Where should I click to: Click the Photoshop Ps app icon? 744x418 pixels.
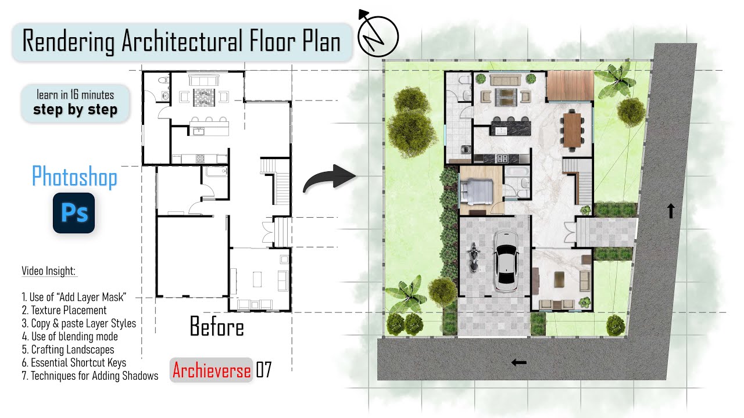click(74, 213)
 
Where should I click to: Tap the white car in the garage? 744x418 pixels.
click(506, 261)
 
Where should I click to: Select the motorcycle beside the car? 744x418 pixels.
click(473, 257)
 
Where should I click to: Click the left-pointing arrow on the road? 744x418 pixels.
click(518, 363)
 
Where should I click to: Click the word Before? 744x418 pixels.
click(217, 327)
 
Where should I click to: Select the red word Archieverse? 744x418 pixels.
click(212, 370)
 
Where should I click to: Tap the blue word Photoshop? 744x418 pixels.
click(74, 176)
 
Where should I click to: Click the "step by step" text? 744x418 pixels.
click(75, 109)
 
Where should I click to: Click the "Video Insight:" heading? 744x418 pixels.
click(49, 271)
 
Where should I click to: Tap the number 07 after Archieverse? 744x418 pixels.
click(264, 370)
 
